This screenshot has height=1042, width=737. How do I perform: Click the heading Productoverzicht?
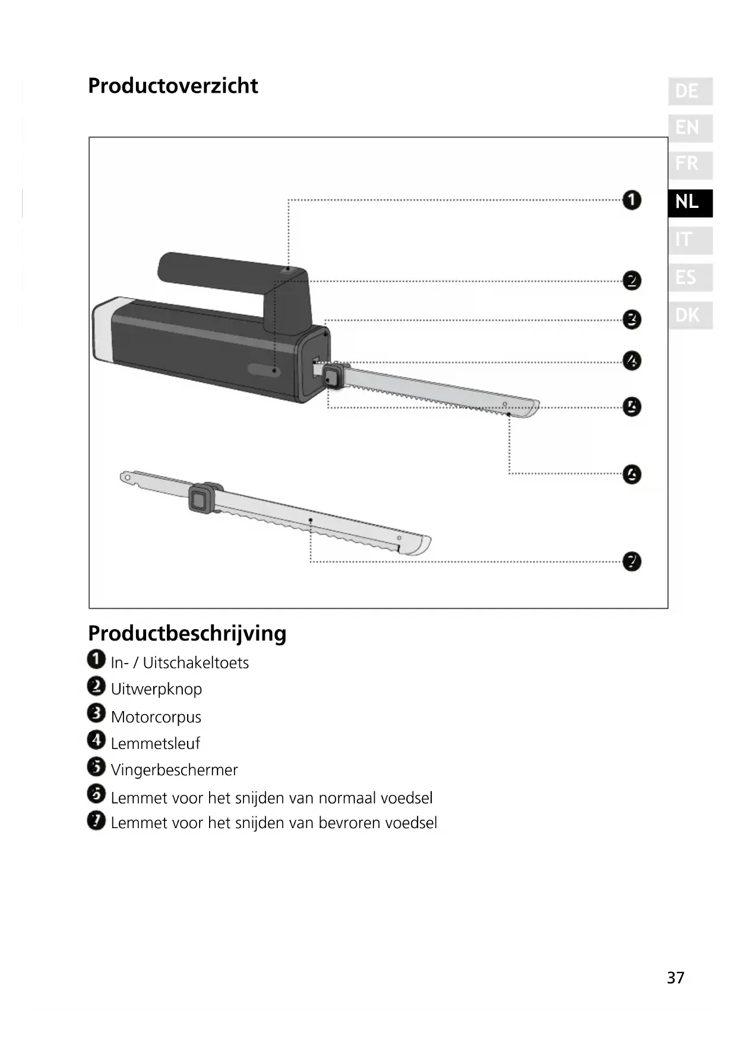coord(173,86)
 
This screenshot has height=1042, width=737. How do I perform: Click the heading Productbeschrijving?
coord(187,633)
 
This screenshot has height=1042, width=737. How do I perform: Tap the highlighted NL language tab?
coord(689,202)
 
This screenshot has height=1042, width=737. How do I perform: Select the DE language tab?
coord(689,91)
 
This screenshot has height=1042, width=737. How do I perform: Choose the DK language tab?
coord(689,315)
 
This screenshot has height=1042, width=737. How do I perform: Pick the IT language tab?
coord(689,240)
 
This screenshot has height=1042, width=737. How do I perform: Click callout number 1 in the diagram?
coord(631,200)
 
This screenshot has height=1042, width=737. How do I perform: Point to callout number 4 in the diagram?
coord(631,361)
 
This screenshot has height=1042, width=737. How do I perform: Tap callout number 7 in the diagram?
coord(631,561)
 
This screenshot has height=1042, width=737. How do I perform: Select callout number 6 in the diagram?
coord(631,474)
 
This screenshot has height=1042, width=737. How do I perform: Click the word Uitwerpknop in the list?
coord(156,689)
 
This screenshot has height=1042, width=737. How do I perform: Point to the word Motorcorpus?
coord(156,717)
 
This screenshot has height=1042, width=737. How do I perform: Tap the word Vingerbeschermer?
coord(174,770)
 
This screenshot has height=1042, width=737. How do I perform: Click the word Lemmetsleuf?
coord(155,743)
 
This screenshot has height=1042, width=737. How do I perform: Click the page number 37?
coord(675,978)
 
